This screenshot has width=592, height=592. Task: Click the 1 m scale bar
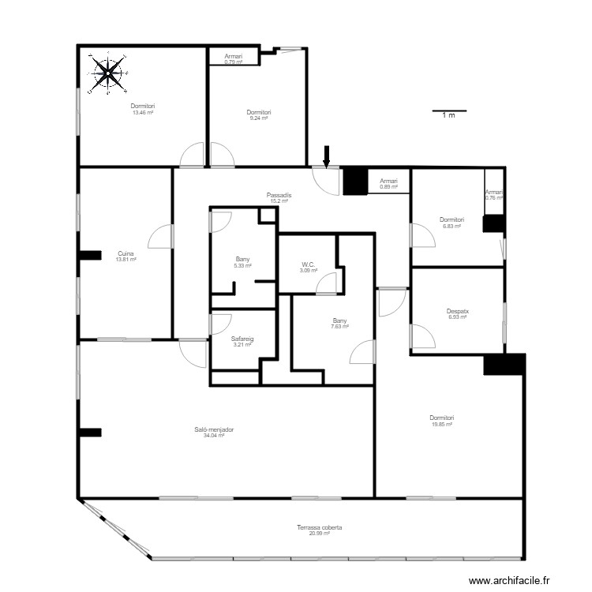click(x=448, y=111)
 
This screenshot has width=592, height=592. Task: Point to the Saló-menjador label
click(x=214, y=430)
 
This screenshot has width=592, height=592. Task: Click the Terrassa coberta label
click(x=319, y=527)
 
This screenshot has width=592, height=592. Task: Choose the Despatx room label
click(x=458, y=311)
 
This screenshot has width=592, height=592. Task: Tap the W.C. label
click(x=309, y=264)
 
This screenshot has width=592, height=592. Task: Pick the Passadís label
click(x=279, y=195)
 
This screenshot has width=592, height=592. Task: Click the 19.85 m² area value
click(x=442, y=424)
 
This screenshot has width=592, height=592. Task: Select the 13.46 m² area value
click(x=143, y=113)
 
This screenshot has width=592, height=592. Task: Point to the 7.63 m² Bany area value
click(x=340, y=326)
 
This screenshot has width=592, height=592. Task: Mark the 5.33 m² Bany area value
click(x=242, y=265)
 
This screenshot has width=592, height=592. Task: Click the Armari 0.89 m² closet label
click(x=388, y=184)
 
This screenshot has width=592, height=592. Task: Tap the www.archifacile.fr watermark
click(x=507, y=581)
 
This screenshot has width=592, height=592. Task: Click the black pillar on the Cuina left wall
click(x=90, y=255)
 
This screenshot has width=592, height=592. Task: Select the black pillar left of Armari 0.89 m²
click(x=355, y=182)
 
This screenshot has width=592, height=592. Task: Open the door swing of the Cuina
click(x=161, y=236)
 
